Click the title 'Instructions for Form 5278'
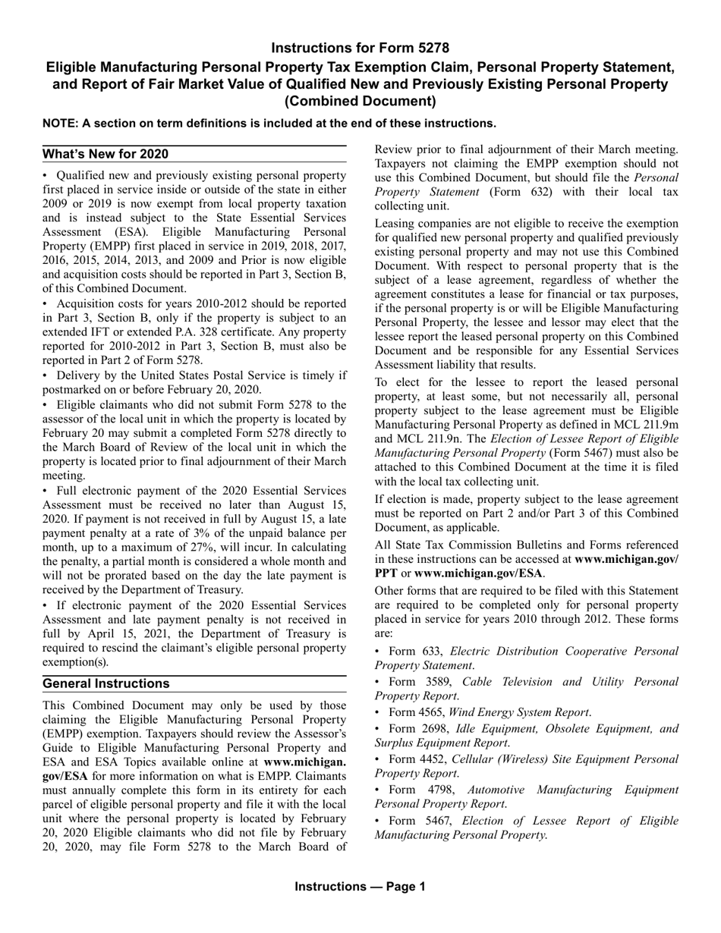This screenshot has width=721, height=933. (x=360, y=47)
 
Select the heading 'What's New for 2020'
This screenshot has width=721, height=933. (x=105, y=154)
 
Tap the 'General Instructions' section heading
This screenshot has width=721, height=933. (x=106, y=683)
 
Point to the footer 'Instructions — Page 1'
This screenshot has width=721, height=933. (x=360, y=886)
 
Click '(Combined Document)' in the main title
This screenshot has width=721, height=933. (x=360, y=101)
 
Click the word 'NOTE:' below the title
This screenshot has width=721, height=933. (x=60, y=123)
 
